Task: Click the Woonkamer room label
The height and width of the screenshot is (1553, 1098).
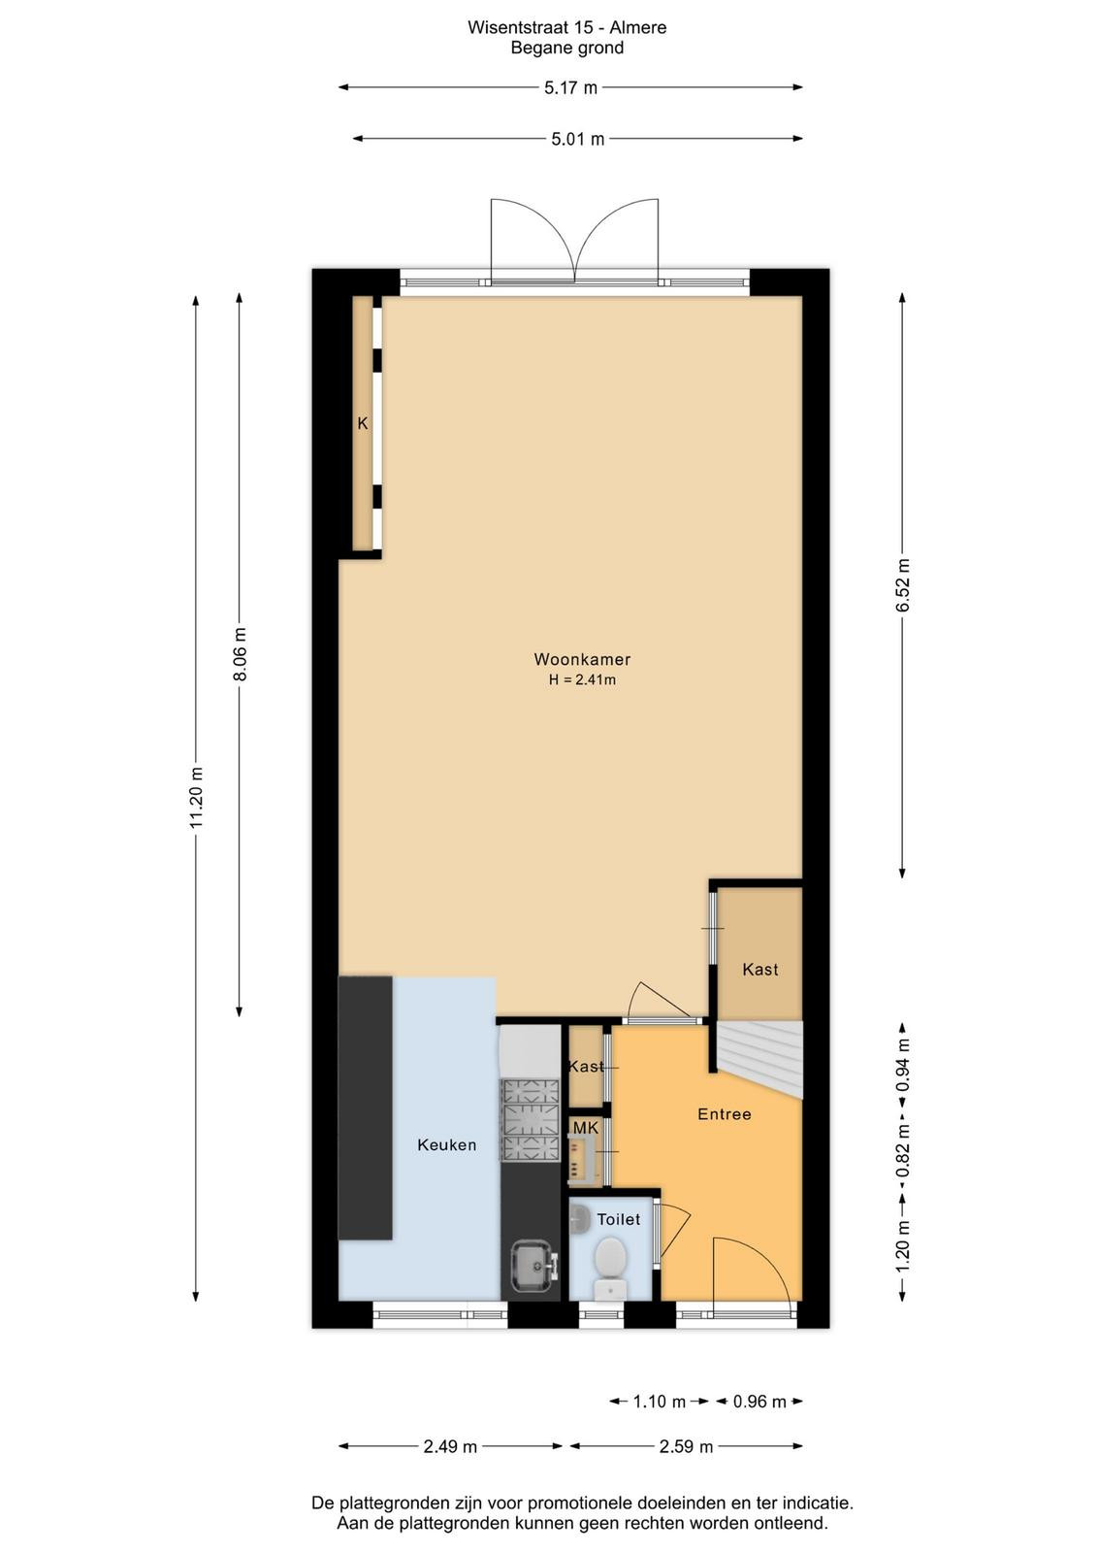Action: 582,659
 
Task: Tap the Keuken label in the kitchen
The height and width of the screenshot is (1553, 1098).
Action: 447,1144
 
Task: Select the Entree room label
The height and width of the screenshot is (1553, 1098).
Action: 724,1114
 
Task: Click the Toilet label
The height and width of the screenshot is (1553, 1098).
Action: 619,1219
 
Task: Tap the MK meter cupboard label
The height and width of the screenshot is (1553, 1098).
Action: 585,1128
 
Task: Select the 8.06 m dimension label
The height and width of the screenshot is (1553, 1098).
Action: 240,654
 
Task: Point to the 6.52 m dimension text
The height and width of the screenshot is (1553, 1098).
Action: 903,585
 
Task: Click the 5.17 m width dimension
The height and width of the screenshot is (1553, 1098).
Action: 570,88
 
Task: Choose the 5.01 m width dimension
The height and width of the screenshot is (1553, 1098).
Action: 578,140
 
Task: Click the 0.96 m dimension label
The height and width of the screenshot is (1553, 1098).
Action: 759,1402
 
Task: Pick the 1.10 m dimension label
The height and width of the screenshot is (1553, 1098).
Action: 659,1402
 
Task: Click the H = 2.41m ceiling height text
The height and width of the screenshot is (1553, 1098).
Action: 582,680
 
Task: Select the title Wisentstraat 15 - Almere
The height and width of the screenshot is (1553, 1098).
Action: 567,28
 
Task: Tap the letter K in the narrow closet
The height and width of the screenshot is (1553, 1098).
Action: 363,423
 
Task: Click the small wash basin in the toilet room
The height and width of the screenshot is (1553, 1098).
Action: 579,1218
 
